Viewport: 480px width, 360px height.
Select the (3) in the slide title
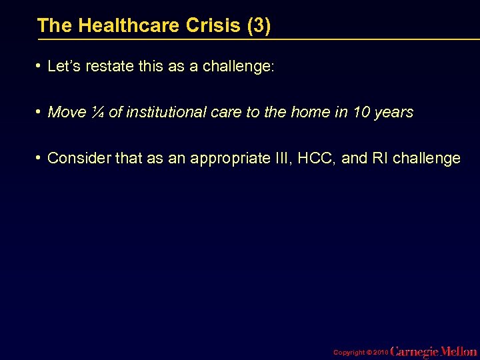[259, 26]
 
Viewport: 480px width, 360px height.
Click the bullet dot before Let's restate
[40, 67]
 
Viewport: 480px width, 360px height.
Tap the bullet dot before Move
[40, 112]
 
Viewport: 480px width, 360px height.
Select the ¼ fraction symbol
[97, 112]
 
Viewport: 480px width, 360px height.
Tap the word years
[394, 112]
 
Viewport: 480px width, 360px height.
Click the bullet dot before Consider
[40, 158]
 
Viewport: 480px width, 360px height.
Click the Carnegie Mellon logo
[433, 351]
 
